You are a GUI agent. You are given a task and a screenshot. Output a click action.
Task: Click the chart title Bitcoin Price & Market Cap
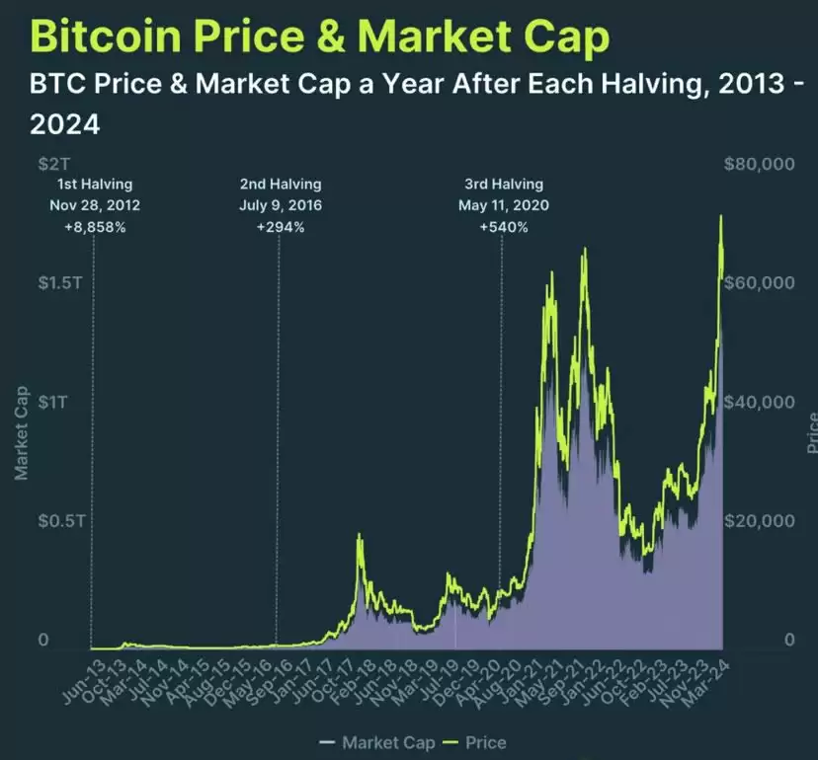tap(320, 37)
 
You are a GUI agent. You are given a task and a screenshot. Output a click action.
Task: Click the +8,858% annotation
tap(95, 227)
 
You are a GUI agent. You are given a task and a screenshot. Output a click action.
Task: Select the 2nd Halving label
tap(281, 185)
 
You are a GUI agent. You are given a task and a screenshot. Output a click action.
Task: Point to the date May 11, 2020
tap(504, 205)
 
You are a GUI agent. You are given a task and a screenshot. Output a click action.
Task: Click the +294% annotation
tap(281, 227)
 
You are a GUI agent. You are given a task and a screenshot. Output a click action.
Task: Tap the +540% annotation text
tap(504, 227)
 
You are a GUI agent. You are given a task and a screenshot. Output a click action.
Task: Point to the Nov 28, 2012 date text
tap(95, 205)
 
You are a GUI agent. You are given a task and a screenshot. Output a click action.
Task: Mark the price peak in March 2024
tap(721, 216)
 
